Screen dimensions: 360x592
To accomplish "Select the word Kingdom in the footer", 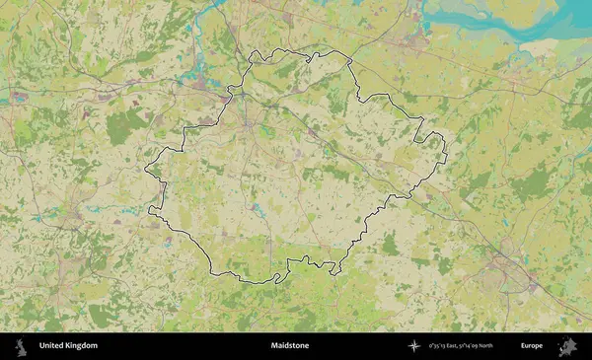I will pos(81,346).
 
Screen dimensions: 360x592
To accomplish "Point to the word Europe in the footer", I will pos(532,346).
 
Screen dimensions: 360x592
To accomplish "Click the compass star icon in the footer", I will pos(414,346).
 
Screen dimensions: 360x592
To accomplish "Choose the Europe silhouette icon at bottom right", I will pos(568,346).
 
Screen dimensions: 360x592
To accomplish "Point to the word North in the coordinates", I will pos(511,346).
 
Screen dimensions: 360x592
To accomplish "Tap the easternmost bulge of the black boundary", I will pos(444,148).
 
